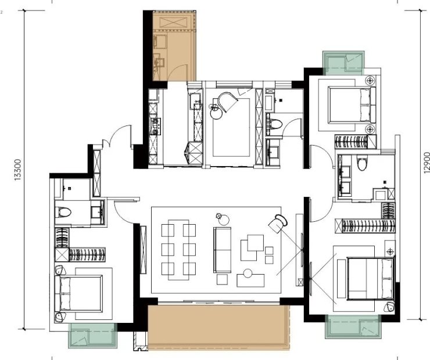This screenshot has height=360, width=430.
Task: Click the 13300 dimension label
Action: point(17,170)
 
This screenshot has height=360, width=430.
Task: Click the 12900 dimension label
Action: point(427,163)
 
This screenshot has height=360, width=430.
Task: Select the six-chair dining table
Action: point(178,250)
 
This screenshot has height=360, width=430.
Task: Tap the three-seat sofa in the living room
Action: point(222,250)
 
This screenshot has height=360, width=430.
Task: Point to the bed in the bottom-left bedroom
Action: point(78,294)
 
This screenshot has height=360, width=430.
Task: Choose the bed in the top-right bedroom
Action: point(352,105)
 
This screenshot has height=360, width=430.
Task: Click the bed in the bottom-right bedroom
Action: point(370,278)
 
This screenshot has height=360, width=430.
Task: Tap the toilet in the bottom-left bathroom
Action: point(63,212)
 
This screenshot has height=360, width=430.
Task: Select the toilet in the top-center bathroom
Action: point(274,124)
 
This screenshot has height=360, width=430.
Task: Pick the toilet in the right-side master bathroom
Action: point(362,163)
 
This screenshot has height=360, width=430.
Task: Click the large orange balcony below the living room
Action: point(218,327)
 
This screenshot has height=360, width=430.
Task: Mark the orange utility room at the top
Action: point(174,46)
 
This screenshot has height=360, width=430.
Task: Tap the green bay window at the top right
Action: point(343,63)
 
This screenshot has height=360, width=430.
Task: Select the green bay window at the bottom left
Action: point(93,336)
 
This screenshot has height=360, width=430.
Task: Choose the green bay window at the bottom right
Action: point(353,326)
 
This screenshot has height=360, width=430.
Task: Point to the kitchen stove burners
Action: point(155,127)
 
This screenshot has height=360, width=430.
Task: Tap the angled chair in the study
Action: point(227,102)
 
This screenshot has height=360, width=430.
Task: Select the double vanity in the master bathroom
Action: point(345,178)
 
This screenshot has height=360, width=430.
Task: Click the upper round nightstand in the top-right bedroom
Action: point(370,81)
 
